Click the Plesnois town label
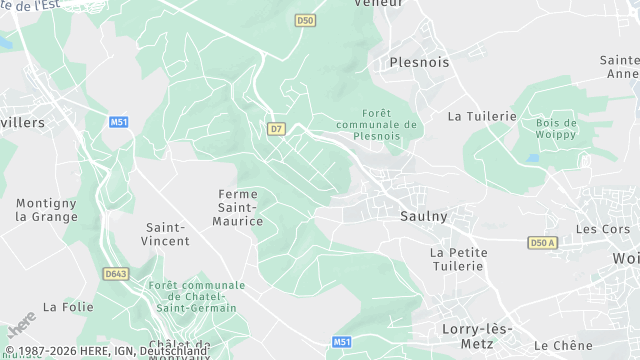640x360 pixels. (419, 62)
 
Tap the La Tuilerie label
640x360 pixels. (481, 116)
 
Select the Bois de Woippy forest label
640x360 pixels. (556, 128)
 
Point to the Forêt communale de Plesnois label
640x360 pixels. (376, 123)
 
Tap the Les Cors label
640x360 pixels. (602, 229)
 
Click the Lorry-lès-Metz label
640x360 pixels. (477, 335)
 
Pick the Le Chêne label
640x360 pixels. (578, 345)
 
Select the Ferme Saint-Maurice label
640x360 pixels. (238, 207)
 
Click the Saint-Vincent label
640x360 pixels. (167, 234)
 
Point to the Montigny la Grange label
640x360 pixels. (46, 209)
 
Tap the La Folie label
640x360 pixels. (68, 306)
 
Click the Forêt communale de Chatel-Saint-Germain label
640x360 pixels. (196, 297)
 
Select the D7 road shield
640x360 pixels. (277, 128)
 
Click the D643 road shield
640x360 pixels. (117, 273)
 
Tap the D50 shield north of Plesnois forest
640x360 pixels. (306, 20)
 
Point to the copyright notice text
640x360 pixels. (105, 351)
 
